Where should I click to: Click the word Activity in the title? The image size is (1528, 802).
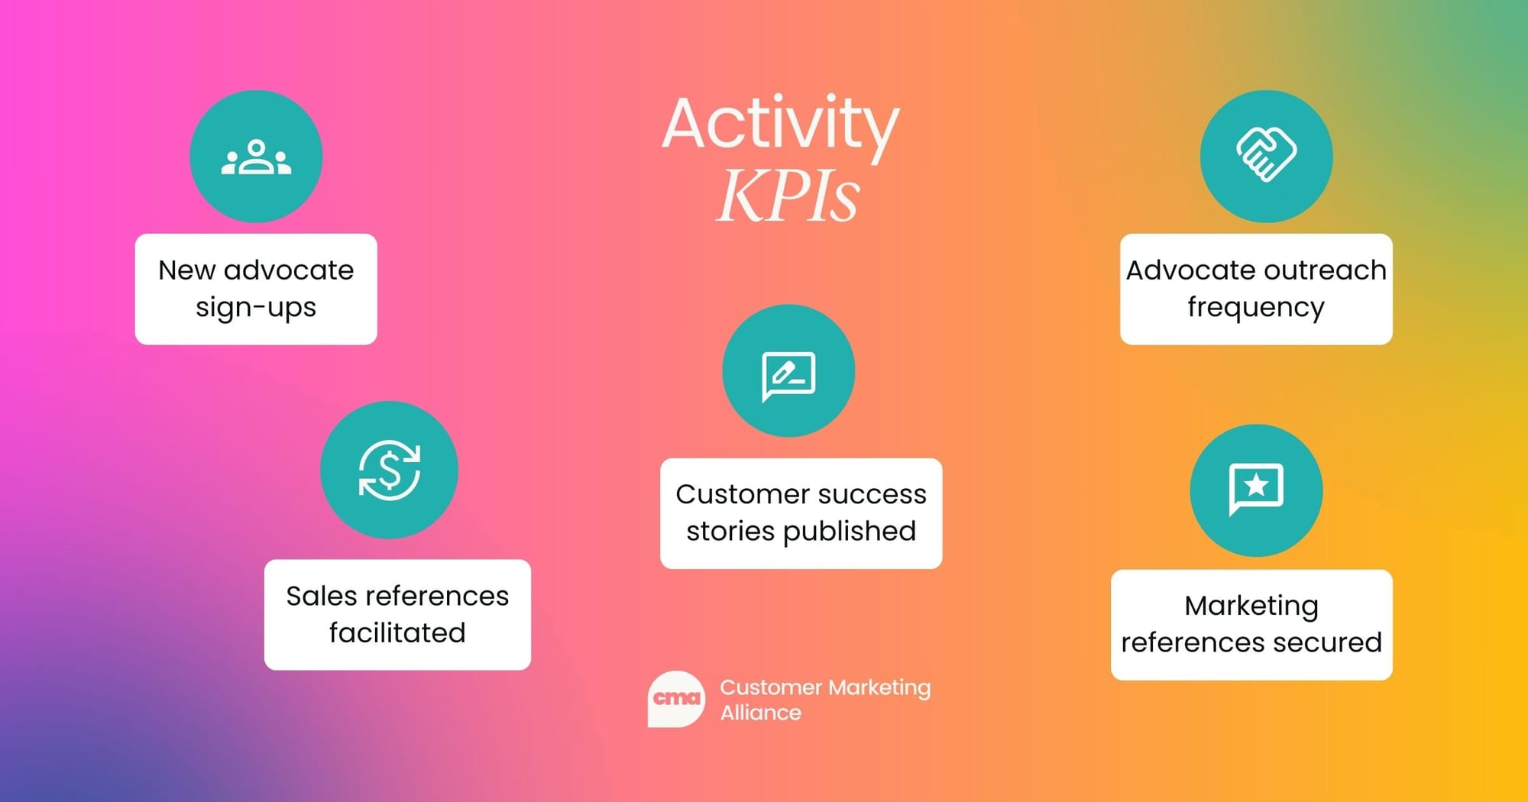pos(781,125)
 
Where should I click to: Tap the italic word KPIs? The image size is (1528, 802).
pos(788,196)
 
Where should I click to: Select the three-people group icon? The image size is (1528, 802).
pos(256,157)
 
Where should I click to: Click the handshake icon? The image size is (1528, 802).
pos(1266,154)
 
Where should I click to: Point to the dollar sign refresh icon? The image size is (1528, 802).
pos(390,470)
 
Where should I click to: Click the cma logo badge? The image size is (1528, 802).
pos(676,699)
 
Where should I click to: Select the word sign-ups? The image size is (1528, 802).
pos(256,309)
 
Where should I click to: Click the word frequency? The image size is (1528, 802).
pos(1256,309)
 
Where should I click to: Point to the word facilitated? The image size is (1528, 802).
pos(397,632)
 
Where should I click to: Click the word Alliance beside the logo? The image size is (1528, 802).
pos(761,713)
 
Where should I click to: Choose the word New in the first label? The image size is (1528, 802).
pos(186,270)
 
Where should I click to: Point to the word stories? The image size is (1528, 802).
pos(730,532)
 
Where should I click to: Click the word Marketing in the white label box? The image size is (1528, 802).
pos(1251,606)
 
